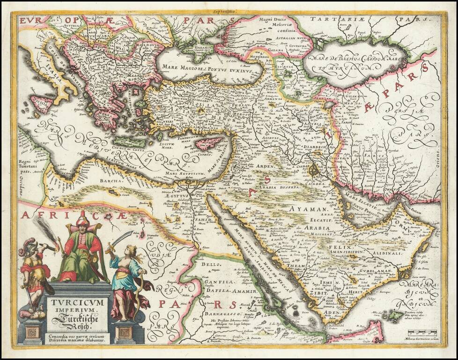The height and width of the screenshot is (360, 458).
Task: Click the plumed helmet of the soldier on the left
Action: coord(27,247)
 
